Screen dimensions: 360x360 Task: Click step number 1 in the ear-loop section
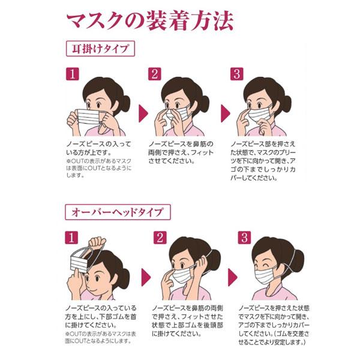(72, 74)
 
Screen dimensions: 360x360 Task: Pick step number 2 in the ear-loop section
(155, 74)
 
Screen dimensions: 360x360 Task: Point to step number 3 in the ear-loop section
(238, 74)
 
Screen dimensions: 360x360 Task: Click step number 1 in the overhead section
(72, 238)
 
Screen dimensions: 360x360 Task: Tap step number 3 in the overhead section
(244, 238)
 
